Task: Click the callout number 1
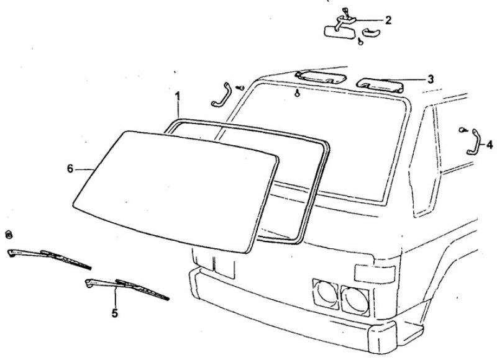[x=178, y=96]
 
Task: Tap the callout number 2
[x=388, y=20]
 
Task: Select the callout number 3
[x=430, y=79]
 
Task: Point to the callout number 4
[x=490, y=145]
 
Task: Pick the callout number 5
[x=115, y=313]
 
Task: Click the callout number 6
[x=70, y=169]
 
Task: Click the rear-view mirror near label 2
[x=340, y=32]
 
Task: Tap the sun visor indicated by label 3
[x=380, y=85]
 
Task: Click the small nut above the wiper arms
[x=9, y=235]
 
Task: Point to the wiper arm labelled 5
[x=127, y=288]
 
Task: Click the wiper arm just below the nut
[x=49, y=258]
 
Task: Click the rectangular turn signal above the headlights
[x=375, y=274]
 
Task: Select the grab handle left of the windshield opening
[x=222, y=95]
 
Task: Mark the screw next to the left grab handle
[x=241, y=88]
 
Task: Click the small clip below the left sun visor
[x=297, y=93]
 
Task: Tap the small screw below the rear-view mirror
[x=360, y=41]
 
